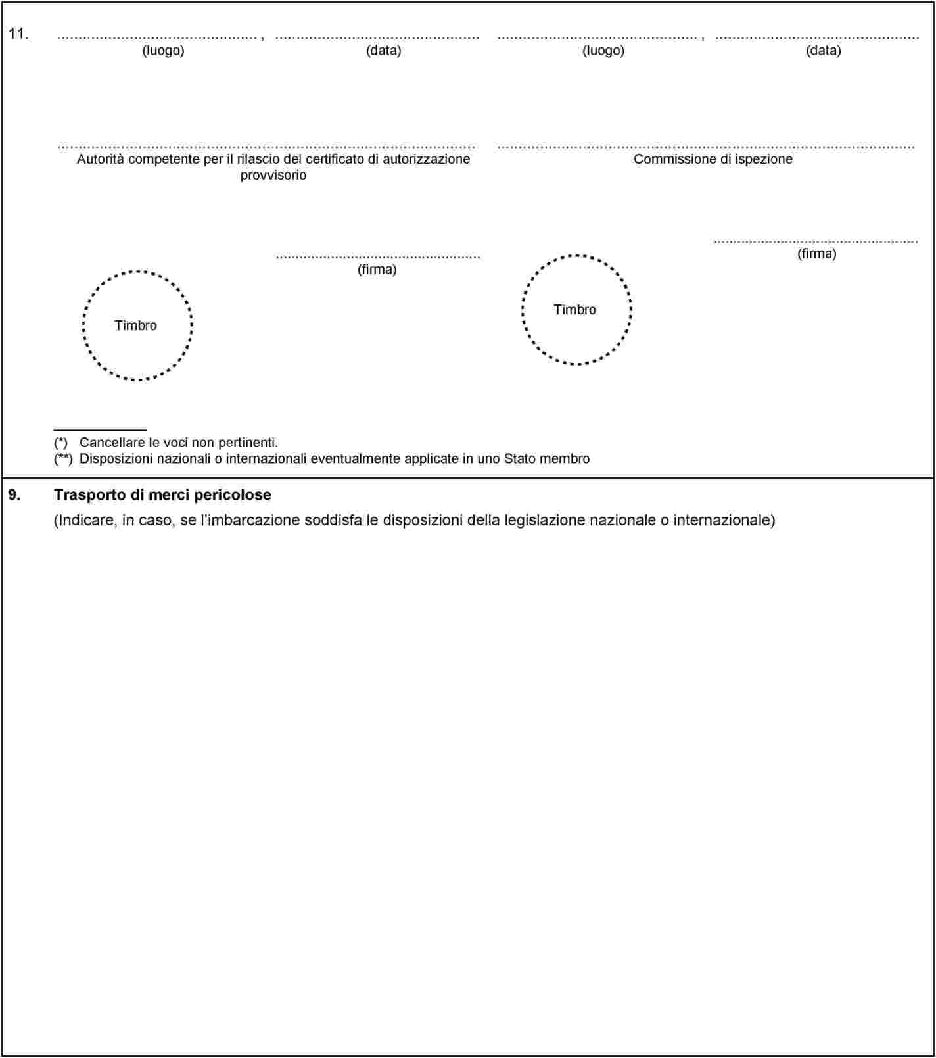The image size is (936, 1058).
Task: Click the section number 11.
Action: pyautogui.click(x=18, y=34)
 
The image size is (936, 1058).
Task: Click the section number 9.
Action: pyautogui.click(x=14, y=494)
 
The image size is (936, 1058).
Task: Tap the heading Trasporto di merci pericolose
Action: pyautogui.click(x=162, y=494)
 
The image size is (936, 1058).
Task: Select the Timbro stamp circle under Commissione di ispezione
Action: pyautogui.click(x=576, y=310)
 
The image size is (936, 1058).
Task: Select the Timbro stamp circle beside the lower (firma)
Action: pyautogui.click(x=137, y=325)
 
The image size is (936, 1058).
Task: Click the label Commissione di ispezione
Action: pyautogui.click(x=713, y=159)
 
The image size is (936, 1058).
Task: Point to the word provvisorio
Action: pyautogui.click(x=273, y=175)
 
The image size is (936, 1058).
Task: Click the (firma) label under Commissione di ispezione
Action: pyautogui.click(x=816, y=253)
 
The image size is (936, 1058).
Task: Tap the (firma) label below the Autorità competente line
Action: pyautogui.click(x=377, y=269)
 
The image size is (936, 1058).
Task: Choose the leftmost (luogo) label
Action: pyautogui.click(x=163, y=50)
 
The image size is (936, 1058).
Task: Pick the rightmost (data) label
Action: pyautogui.click(x=823, y=50)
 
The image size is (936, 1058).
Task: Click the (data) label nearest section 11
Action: pyautogui.click(x=383, y=50)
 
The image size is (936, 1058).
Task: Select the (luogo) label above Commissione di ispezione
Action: pyautogui.click(x=603, y=50)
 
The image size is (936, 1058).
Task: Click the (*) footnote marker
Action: pyautogui.click(x=60, y=443)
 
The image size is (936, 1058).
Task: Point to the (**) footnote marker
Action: pyautogui.click(x=63, y=458)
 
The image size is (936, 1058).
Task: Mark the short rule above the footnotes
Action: pyautogui.click(x=100, y=430)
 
